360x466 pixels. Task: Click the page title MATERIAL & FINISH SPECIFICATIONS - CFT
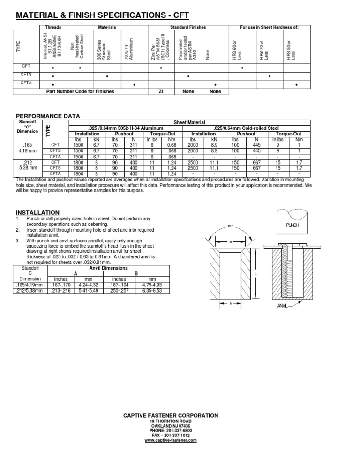(103, 15)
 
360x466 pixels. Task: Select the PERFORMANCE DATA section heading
(48, 116)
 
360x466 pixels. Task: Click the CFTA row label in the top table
(26, 83)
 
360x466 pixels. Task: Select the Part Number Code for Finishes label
(80, 92)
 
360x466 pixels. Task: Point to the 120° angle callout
(230, 226)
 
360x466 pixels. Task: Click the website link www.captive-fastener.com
(170, 440)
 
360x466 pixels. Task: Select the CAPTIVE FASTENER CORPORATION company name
(170, 415)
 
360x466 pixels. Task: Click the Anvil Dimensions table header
(108, 268)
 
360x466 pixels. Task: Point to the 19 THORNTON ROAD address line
(170, 421)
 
